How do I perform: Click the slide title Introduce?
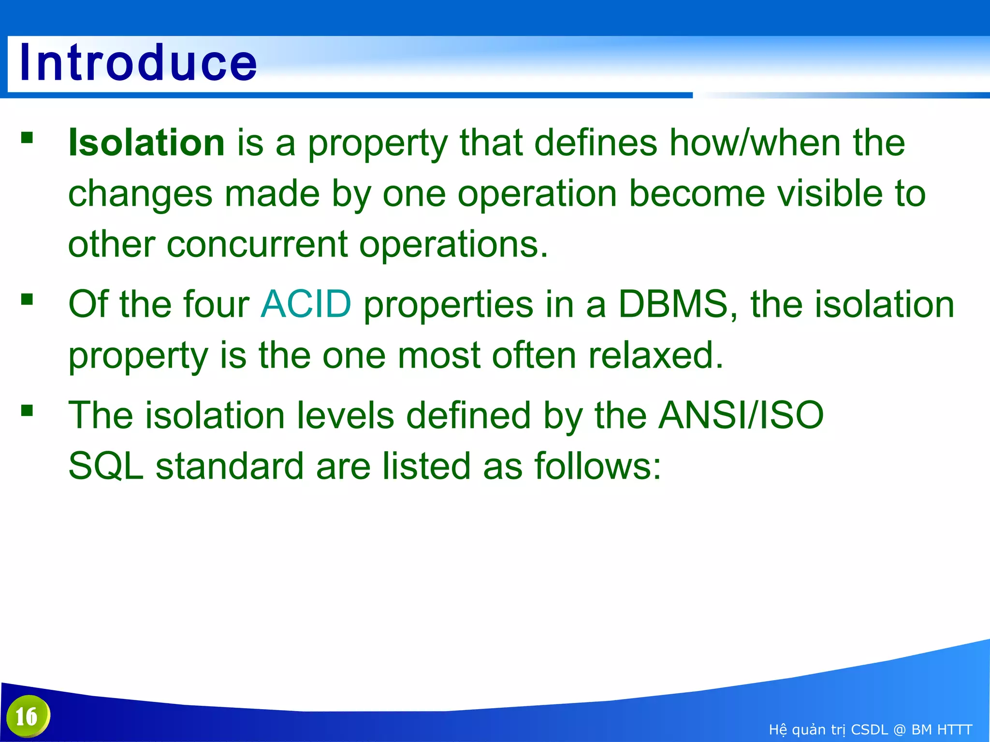point(138,63)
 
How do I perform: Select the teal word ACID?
point(306,304)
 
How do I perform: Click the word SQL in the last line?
point(106,466)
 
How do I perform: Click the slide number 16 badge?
point(28,716)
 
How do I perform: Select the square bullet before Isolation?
point(27,139)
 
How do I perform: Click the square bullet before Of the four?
point(27,300)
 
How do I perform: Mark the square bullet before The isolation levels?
point(27,411)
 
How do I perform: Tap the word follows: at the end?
point(597,466)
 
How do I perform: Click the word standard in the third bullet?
point(229,466)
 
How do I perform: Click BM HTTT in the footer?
point(941,729)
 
